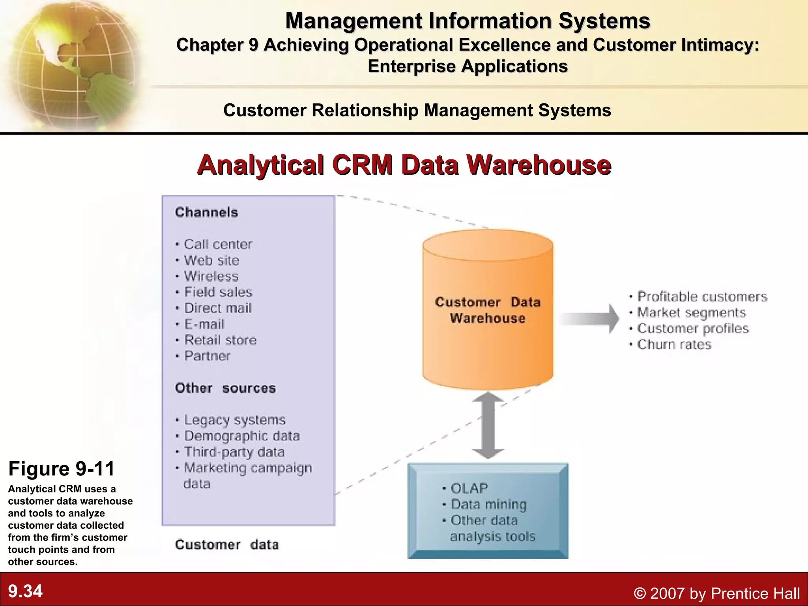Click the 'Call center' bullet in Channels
[x=218, y=244]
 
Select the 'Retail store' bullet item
[x=220, y=340]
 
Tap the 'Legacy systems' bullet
[x=235, y=420]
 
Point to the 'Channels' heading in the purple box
[x=207, y=212]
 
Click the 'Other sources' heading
[x=225, y=388]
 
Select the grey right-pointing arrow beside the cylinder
[x=589, y=318]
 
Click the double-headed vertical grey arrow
[x=488, y=425]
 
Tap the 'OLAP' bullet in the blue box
[x=469, y=488]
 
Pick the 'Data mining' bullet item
[x=488, y=504]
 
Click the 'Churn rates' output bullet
[x=674, y=344]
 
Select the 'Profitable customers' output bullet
[x=702, y=296]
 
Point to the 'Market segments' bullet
[x=691, y=312]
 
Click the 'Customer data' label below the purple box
[x=227, y=545]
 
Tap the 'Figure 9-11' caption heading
[x=62, y=469]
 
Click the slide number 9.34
[x=25, y=591]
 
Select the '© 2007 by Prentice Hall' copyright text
[x=716, y=593]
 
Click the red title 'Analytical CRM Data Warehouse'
[x=404, y=165]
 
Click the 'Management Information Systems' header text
[x=468, y=21]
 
